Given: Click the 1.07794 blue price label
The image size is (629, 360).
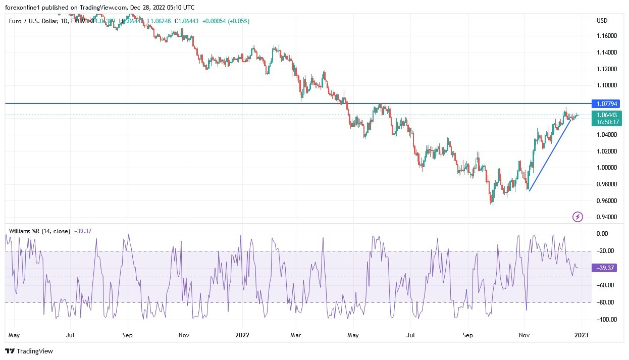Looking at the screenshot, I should click(608, 104).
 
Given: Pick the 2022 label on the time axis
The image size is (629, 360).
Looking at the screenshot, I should click(242, 334).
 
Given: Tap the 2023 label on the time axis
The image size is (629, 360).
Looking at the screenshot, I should click(581, 334).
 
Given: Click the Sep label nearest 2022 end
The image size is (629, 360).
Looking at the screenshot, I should click(467, 334).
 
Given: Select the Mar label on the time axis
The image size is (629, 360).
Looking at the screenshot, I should click(296, 334).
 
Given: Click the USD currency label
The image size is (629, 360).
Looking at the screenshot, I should click(602, 21).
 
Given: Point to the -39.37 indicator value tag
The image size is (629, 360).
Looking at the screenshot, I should click(605, 268).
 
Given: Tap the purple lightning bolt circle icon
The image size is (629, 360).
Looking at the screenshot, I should click(578, 217).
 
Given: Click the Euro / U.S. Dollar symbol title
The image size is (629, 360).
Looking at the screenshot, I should click(38, 21).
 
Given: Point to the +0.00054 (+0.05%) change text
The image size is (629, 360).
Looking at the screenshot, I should click(226, 21).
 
